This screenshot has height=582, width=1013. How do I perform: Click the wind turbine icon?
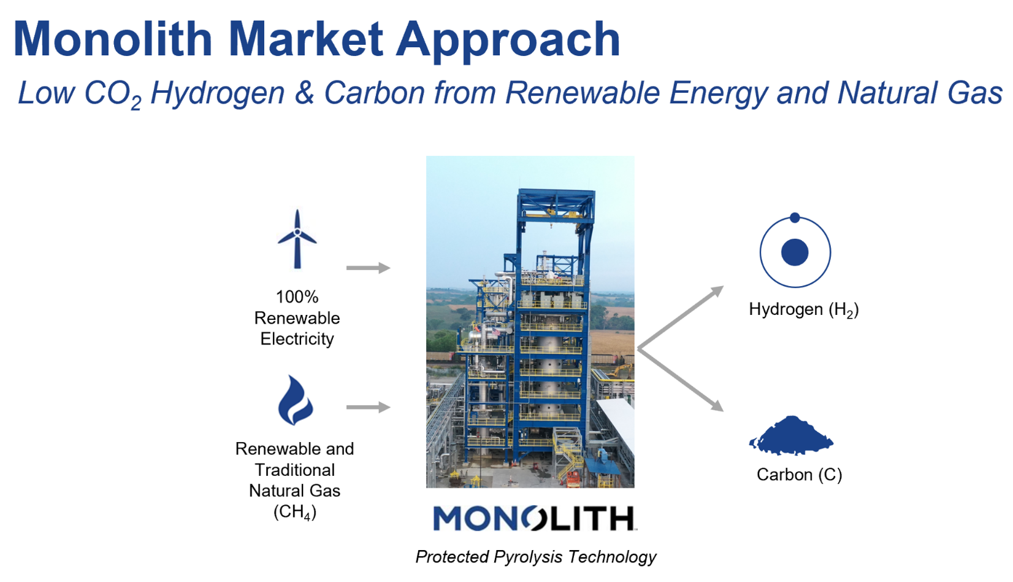[x=297, y=239]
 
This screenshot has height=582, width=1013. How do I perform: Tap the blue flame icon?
[x=295, y=400]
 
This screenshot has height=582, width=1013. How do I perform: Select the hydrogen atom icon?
[x=795, y=250]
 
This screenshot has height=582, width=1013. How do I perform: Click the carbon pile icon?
[x=792, y=436]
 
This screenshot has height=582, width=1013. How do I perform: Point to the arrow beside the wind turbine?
[x=368, y=268]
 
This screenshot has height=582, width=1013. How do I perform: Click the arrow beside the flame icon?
[x=368, y=407]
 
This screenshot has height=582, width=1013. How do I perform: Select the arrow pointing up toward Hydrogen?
[x=681, y=317]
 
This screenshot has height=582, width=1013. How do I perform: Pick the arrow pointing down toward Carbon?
[x=681, y=379]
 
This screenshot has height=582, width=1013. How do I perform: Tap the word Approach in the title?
[x=508, y=42]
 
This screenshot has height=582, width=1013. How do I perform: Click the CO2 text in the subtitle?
[x=113, y=94]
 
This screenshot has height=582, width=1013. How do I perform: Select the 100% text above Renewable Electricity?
[x=297, y=297]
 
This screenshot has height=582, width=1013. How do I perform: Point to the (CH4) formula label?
[x=295, y=512]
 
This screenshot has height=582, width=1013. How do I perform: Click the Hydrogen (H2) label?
[x=804, y=310]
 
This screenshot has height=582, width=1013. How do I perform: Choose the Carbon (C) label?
[x=799, y=475]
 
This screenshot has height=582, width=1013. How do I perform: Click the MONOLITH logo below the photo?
[x=535, y=518]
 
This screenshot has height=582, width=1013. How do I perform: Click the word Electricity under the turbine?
[x=297, y=340]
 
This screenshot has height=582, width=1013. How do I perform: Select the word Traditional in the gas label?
[x=295, y=470]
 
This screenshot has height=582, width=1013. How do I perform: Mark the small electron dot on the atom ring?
[x=795, y=217]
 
